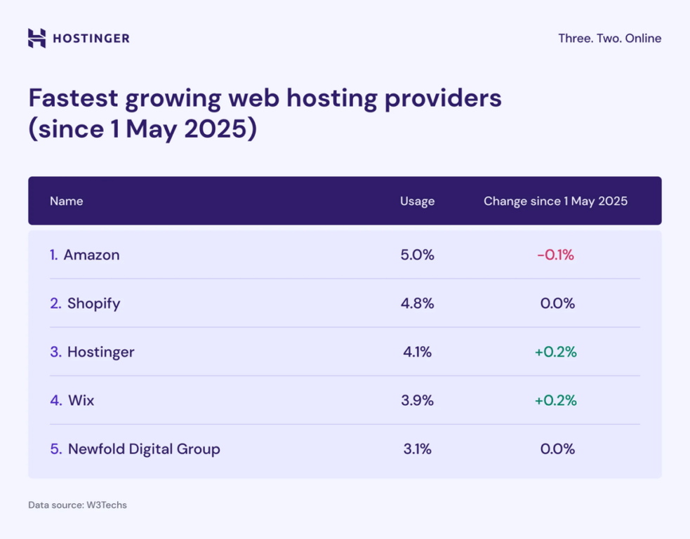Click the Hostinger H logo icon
pos(37,38)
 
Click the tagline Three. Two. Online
pos(609,39)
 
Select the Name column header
pos(66,201)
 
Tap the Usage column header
pos(417,201)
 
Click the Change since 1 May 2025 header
pos(555,201)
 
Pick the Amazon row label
pos(91,255)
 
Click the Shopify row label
pos(93,304)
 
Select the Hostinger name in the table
pos(100,352)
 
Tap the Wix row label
pos(81,401)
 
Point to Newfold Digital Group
pos(144,449)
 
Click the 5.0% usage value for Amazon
pos(417,255)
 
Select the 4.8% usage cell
pos(417,304)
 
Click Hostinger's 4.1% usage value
pos(417,352)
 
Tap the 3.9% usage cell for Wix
pos(417,401)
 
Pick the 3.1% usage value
pos(417,449)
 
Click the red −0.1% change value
pos(555,255)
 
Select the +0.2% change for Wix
pos(555,401)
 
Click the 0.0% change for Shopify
pos(557,304)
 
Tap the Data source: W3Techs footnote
pos(77,505)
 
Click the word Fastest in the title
pos(72,99)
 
